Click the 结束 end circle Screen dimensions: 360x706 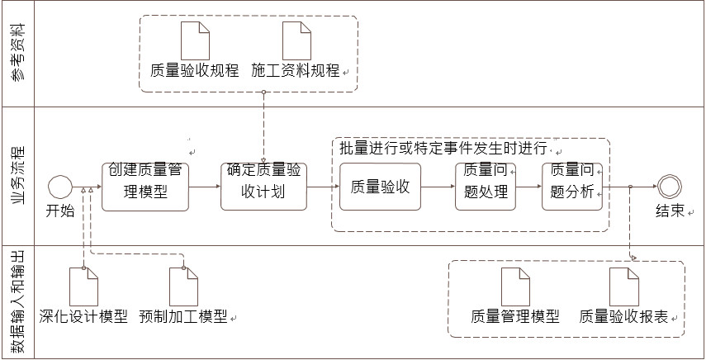coord(670,187)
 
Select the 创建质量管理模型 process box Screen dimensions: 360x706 coord(145,187)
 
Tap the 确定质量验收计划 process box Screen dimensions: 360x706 coord(263,187)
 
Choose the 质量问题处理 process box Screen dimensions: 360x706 coord(485,187)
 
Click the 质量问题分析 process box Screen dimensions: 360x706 coord(572,187)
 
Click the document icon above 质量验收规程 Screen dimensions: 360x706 coord(196,40)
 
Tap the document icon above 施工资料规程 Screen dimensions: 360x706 coord(296,40)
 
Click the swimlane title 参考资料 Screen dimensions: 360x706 coord(17,54)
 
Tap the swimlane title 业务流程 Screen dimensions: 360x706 coord(17,176)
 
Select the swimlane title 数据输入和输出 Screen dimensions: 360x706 coord(17,301)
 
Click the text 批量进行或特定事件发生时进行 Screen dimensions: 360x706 coord(443,149)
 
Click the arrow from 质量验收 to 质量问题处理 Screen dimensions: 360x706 coord(438,187)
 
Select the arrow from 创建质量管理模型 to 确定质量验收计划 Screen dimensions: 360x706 coord(205,187)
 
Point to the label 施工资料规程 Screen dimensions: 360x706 coord(295,70)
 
